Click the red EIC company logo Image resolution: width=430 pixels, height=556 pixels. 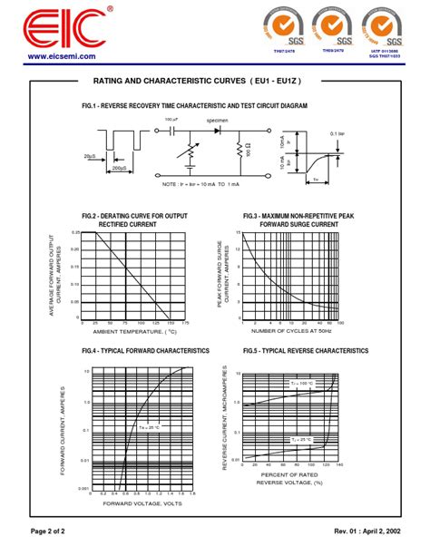(x=64, y=29)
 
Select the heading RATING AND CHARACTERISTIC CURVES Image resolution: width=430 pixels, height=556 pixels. (x=210, y=81)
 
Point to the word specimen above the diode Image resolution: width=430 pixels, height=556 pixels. (x=218, y=120)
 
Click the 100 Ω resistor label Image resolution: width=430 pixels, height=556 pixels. (x=248, y=149)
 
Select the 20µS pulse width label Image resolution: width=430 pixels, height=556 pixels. (x=90, y=156)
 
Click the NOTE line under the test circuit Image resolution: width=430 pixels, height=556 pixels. (x=200, y=184)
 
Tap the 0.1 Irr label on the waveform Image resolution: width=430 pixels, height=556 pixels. (x=337, y=133)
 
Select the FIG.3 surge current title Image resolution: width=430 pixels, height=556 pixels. (x=298, y=219)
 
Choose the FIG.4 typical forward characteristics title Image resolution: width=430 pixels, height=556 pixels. (x=145, y=350)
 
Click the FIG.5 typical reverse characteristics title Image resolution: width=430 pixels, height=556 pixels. (x=299, y=350)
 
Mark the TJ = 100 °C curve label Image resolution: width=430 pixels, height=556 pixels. (x=300, y=384)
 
